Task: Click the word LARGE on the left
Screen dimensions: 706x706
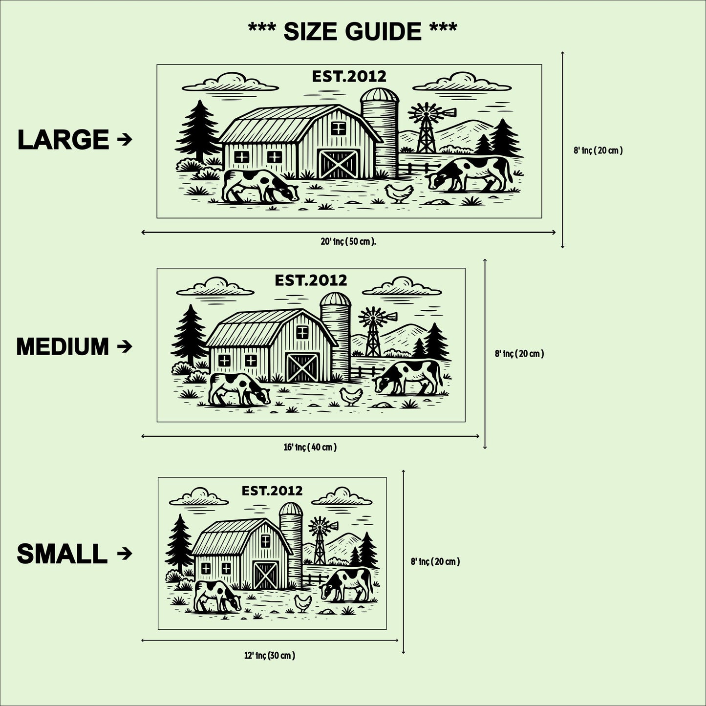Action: (63, 140)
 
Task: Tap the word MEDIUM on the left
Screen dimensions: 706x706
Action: (63, 346)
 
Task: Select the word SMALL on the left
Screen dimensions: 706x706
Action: (62, 554)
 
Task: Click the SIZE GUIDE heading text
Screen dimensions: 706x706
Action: (352, 31)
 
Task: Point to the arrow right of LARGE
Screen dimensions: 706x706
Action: (125, 139)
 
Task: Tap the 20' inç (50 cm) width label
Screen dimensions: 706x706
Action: (348, 242)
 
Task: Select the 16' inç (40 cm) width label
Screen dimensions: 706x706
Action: (310, 447)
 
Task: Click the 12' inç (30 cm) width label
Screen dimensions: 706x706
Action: (270, 656)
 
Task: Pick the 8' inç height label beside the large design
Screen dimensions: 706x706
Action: (599, 150)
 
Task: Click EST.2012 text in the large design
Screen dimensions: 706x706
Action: (349, 77)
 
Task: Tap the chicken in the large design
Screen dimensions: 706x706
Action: (399, 193)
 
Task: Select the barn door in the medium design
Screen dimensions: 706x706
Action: (302, 367)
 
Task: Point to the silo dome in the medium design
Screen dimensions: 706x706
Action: (336, 300)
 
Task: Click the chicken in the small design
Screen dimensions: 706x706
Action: (303, 603)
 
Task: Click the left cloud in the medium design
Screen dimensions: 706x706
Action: (215, 287)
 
